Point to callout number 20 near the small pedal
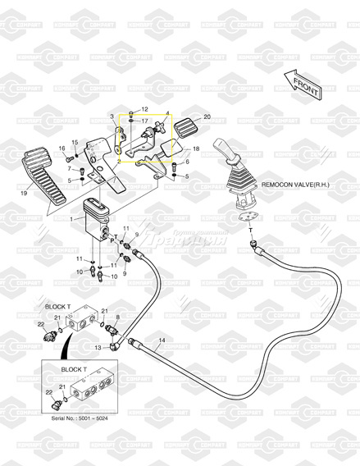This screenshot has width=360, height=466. pyautogui.click(x=207, y=117)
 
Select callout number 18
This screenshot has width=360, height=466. pyautogui.click(x=195, y=148)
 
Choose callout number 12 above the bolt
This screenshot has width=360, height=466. pyautogui.click(x=144, y=109)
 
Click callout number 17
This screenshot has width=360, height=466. pyautogui.click(x=144, y=121)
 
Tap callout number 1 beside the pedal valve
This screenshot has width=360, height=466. pyautogui.click(x=72, y=219)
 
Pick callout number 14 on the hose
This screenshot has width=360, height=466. pyautogui.click(x=162, y=340)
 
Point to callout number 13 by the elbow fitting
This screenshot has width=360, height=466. pyautogui.click(x=98, y=349)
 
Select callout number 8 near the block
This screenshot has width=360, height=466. pyautogui.click(x=117, y=316)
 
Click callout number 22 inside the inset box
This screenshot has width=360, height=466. pyautogui.click(x=48, y=393)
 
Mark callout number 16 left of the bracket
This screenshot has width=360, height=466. pyautogui.click(x=61, y=148)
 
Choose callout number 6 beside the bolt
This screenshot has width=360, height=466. pyautogui.click(x=187, y=162)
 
